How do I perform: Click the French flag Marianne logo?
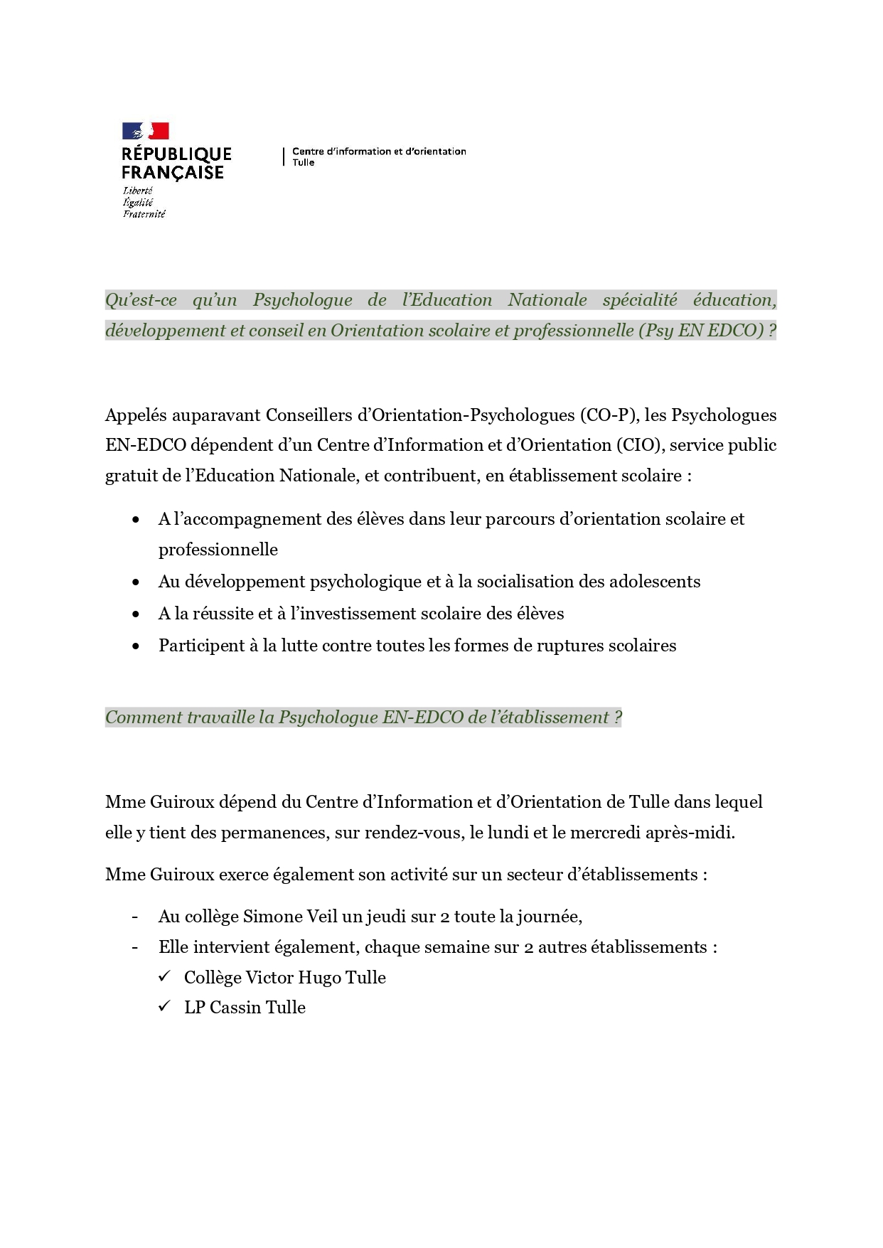(x=145, y=131)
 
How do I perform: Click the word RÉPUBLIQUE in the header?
(x=176, y=154)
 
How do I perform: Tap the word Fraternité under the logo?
(x=144, y=214)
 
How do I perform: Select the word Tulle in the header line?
(x=304, y=163)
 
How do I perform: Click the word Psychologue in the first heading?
(x=302, y=300)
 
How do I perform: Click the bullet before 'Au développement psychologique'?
(x=136, y=582)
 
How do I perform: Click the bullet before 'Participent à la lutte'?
(x=136, y=646)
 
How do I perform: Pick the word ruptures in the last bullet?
(x=571, y=646)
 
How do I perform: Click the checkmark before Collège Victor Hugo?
(x=165, y=977)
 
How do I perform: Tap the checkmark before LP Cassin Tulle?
(x=165, y=1007)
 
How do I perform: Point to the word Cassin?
(x=233, y=1008)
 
